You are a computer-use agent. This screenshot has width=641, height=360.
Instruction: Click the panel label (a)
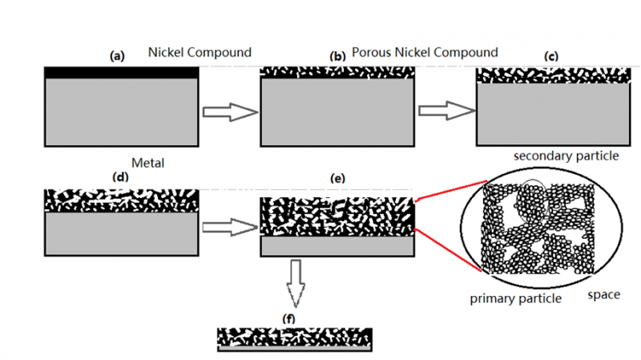pos(118,56)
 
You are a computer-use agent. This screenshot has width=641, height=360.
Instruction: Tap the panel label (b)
pos(337,56)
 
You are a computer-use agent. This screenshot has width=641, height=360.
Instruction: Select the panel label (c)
pos(550,56)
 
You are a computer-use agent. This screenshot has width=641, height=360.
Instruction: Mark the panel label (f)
pos(289,319)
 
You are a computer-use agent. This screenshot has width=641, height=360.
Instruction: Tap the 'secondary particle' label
pos(566,156)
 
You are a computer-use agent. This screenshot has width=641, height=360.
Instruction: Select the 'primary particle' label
pos(515,299)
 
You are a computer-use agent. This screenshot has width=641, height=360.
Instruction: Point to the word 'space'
pos(603,294)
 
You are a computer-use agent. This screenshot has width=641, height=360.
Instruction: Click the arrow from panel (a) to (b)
pos(228,112)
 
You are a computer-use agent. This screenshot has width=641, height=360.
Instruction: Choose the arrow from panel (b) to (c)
pos(445,111)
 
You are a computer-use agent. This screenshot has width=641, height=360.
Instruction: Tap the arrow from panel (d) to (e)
pos(228,228)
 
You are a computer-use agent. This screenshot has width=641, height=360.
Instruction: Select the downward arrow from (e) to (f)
pos(296,282)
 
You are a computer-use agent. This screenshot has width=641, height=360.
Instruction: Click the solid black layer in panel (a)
pos(121,73)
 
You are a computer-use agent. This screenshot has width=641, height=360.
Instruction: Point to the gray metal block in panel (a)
pos(121,112)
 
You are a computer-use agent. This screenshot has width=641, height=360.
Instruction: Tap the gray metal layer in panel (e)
pos(337,246)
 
